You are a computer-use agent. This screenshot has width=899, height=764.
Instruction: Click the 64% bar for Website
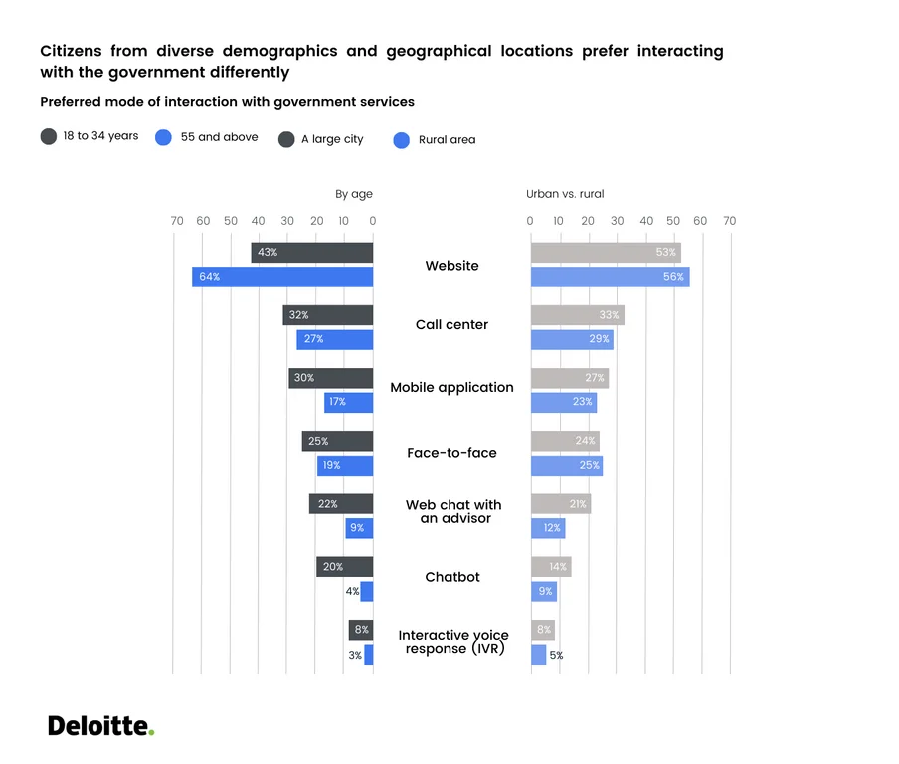tap(282, 277)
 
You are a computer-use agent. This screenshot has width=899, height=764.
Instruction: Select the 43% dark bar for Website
tap(312, 253)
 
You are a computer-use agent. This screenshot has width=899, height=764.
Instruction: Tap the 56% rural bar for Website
tap(610, 277)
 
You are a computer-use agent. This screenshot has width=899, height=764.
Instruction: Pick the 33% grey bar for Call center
tap(577, 315)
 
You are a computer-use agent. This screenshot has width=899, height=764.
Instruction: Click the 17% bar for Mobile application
tap(348, 402)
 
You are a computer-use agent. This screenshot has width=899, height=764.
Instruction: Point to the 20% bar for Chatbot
tap(344, 567)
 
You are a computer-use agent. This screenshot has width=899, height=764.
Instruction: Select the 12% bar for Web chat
tap(548, 528)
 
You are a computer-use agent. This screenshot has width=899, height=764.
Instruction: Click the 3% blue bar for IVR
tap(368, 655)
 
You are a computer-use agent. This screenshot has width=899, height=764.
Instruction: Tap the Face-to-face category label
tap(451, 453)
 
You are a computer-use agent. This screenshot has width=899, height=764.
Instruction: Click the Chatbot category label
tap(451, 577)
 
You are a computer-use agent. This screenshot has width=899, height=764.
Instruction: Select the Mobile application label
tap(451, 388)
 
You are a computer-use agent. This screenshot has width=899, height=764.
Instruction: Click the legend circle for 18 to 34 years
tap(49, 137)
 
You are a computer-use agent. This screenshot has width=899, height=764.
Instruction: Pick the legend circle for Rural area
tap(402, 140)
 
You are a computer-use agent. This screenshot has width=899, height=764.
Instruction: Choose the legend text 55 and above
tap(219, 137)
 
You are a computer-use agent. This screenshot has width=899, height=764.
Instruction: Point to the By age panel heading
tap(353, 194)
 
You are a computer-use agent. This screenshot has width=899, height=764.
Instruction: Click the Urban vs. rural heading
tap(565, 194)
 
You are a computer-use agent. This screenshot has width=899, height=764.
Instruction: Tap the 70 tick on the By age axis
tap(176, 221)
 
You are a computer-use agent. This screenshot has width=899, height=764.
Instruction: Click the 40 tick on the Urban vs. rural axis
tap(646, 221)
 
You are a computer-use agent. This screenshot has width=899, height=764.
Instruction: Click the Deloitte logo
tap(100, 726)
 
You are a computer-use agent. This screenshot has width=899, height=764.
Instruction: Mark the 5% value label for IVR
tap(556, 655)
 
